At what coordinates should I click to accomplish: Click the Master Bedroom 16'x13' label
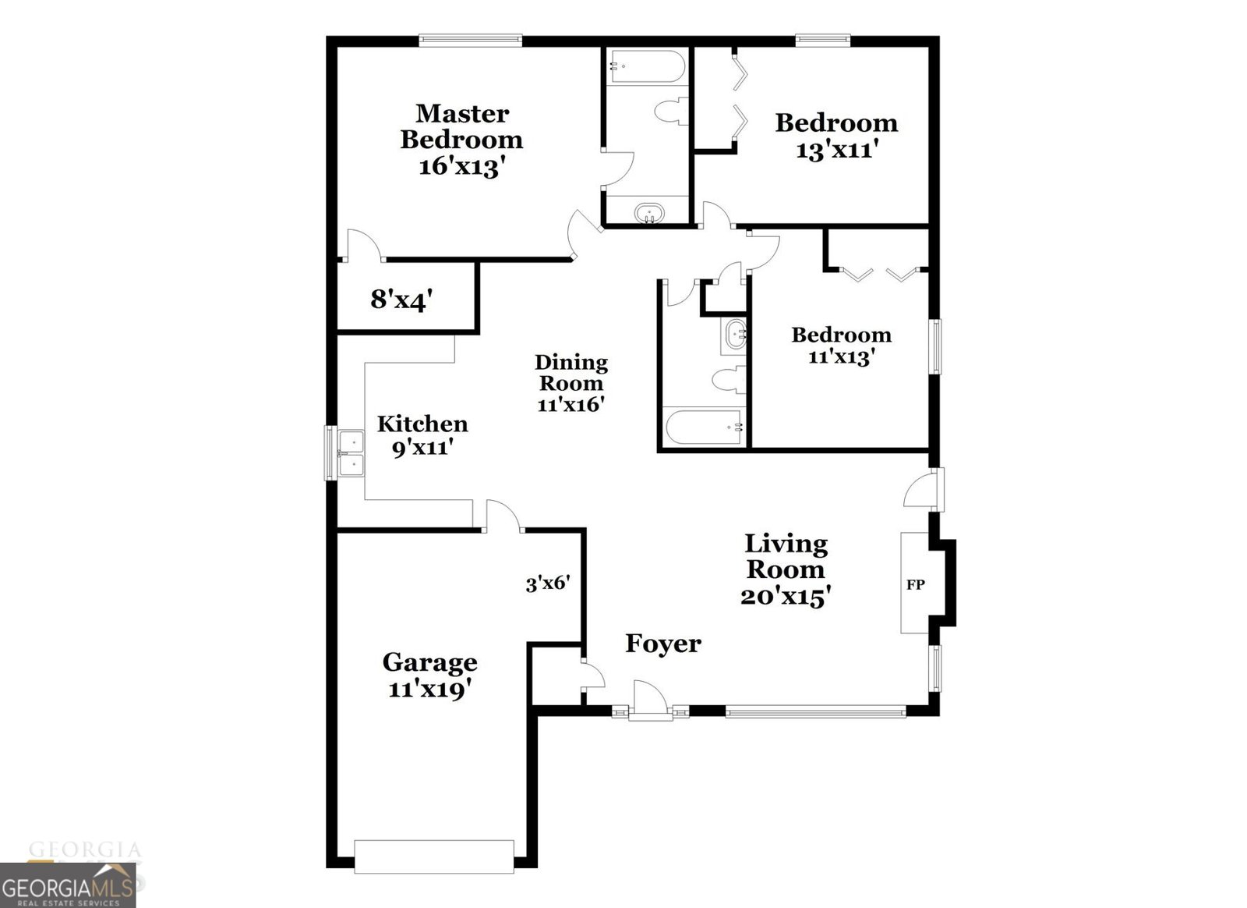coord(461,140)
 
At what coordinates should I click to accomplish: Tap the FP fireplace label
coord(915,584)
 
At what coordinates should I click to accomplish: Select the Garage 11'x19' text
coord(429,676)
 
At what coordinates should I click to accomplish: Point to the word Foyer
coord(663,644)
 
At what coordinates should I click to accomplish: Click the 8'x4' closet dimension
coord(401,299)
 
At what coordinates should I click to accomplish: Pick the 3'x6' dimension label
coord(548,583)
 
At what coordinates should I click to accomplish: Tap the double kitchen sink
coord(351,453)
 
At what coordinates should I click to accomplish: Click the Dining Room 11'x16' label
coord(571,383)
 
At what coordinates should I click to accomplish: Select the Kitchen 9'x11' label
coord(422,435)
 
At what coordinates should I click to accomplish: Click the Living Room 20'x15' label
coord(785,569)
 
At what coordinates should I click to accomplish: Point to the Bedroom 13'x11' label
coord(836,136)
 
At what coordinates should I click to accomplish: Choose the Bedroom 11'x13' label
coord(841,346)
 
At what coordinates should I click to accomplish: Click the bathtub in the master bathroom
coord(647,66)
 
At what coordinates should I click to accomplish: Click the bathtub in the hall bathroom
coord(702,427)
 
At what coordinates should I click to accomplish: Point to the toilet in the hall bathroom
coord(725,380)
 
